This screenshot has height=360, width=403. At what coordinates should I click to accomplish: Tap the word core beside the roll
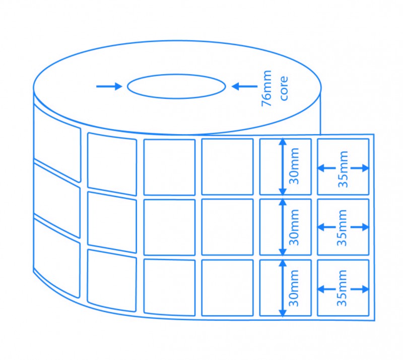tap(284, 88)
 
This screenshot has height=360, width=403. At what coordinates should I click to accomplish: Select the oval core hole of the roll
tap(176, 86)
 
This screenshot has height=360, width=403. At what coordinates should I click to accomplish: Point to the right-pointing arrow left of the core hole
tap(109, 86)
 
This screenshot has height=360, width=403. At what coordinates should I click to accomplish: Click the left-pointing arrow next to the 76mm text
tap(243, 86)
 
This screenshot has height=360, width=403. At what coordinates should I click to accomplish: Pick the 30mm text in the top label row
tap(295, 166)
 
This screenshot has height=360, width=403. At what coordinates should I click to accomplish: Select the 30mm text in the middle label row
tap(295, 227)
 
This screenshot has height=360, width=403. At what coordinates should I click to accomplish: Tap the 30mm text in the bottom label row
tap(295, 287)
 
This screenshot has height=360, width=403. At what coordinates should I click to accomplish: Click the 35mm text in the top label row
tap(344, 168)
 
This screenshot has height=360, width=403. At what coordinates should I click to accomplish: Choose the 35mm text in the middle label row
tap(344, 228)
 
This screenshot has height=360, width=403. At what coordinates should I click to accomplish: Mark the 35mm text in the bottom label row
tap(344, 288)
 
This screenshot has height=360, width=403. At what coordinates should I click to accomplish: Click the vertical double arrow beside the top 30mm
tap(283, 166)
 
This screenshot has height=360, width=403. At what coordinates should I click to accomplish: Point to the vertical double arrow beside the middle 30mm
tap(283, 227)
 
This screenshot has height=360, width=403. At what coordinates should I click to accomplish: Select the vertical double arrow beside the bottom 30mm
tap(283, 288)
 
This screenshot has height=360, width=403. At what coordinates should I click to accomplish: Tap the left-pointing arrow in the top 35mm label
tap(325, 168)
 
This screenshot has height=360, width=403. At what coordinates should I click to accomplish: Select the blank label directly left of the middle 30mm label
tap(227, 227)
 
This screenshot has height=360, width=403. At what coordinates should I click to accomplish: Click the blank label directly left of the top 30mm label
tap(227, 166)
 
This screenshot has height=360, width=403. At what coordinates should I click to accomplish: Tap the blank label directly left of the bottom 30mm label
tap(227, 287)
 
